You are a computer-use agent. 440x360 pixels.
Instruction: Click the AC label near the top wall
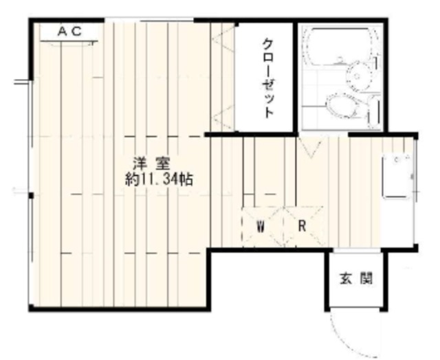point(69,31)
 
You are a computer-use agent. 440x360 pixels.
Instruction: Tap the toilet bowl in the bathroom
point(339,106)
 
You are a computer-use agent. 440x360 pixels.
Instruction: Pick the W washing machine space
point(261,226)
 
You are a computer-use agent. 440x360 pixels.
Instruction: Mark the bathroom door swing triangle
point(307,147)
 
